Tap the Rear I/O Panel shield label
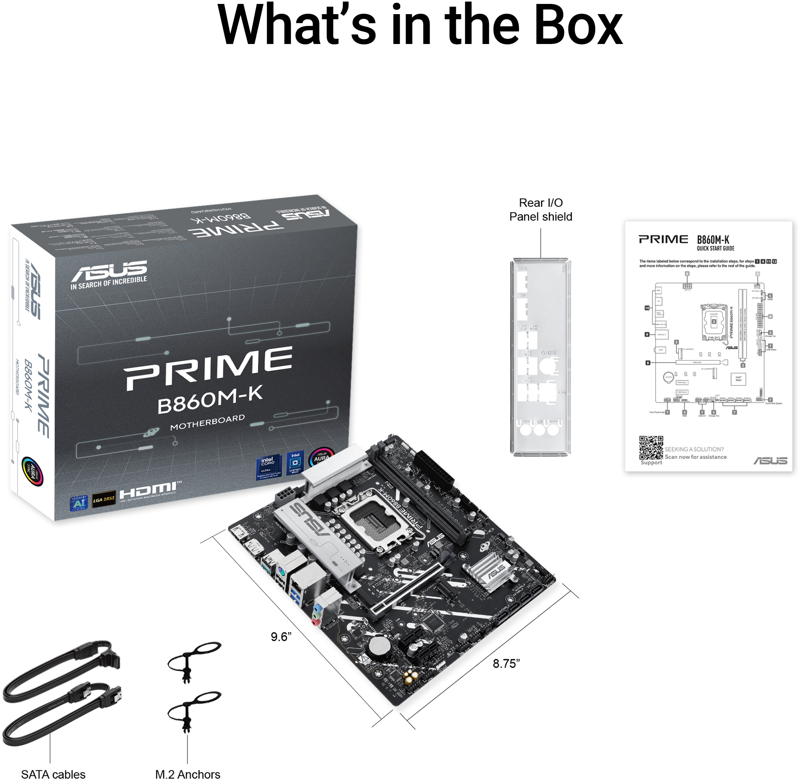click(x=540, y=210)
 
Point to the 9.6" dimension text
click(x=281, y=636)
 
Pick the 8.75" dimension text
click(x=506, y=664)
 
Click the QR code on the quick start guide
click(x=651, y=447)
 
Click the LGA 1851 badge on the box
click(x=104, y=499)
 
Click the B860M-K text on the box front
click(x=210, y=400)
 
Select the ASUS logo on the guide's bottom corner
click(x=770, y=461)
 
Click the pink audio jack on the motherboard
click(x=315, y=622)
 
